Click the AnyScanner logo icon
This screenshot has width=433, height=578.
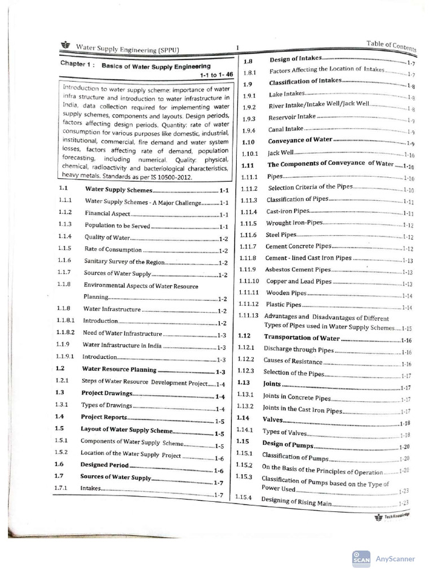[361, 558]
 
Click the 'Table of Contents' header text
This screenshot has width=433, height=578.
[391, 46]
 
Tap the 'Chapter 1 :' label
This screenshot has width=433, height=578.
[79, 64]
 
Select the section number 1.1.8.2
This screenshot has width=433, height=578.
[66, 334]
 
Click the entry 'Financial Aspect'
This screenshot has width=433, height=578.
[108, 214]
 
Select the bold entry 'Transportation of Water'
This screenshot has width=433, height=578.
[302, 338]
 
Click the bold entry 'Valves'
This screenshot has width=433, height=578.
[272, 419]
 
